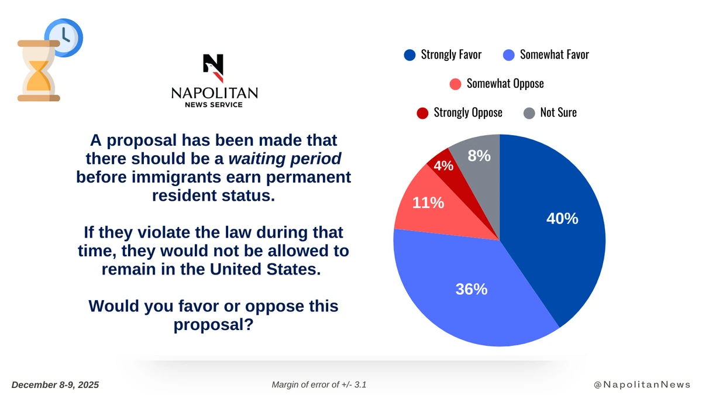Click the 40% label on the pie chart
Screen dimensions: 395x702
point(562,219)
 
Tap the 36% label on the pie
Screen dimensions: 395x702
point(472,289)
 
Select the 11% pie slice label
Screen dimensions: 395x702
point(428,203)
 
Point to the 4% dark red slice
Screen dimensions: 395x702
point(443,166)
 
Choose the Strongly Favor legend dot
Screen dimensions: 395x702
point(409,55)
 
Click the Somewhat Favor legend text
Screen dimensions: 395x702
point(554,55)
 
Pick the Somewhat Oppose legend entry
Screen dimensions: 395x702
point(505,84)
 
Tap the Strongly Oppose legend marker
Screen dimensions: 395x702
point(422,113)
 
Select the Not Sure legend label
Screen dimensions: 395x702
point(558,112)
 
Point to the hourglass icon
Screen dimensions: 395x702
point(39,71)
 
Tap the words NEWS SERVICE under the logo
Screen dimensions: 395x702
point(214,105)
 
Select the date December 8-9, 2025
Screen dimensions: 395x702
point(56,384)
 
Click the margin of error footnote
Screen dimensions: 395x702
point(319,384)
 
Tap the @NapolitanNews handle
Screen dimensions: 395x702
point(642,384)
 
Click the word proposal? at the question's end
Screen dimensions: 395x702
point(214,324)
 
